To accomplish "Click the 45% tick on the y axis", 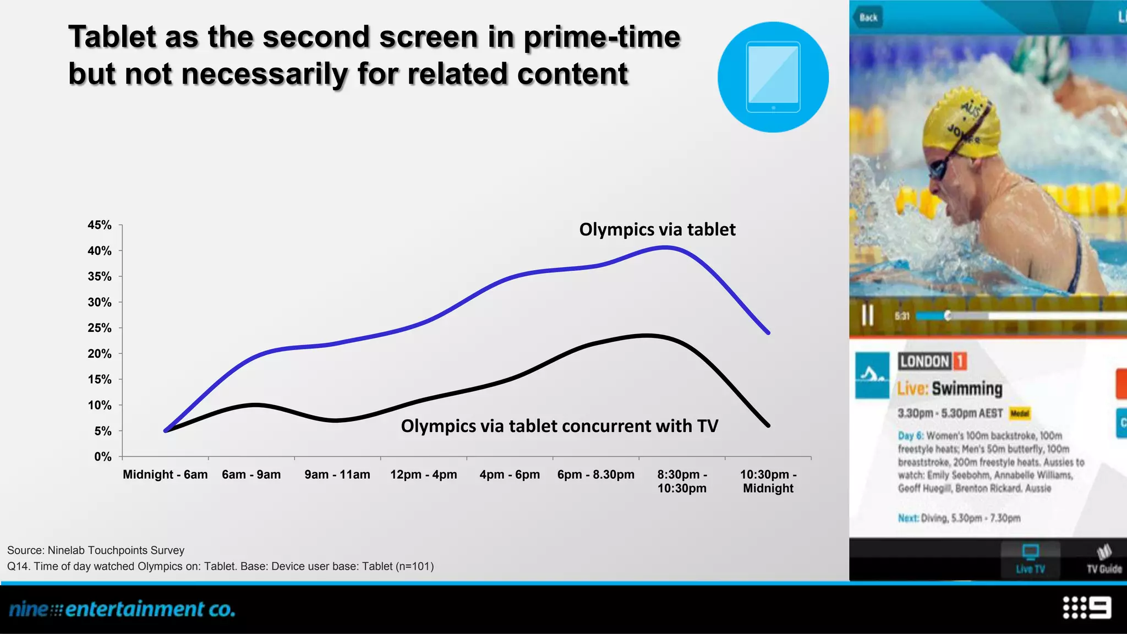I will [x=100, y=225].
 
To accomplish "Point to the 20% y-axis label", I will [x=100, y=354].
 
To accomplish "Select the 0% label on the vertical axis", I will [x=102, y=457].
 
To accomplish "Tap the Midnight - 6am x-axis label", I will [x=165, y=474].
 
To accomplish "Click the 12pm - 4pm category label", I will [x=423, y=474].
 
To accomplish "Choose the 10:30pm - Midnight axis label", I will [x=768, y=481].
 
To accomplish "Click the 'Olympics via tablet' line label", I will [x=657, y=229].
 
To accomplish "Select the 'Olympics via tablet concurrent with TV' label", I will [x=559, y=426].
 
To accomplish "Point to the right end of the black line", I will [x=768, y=425].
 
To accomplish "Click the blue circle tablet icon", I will [x=773, y=77].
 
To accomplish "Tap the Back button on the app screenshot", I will [x=868, y=17].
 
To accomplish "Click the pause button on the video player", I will [x=868, y=315].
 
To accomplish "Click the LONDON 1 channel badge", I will [x=932, y=362].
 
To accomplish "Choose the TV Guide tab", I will [x=1103, y=559].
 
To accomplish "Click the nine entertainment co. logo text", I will [x=122, y=609].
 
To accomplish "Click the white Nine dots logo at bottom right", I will [x=1087, y=608].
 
